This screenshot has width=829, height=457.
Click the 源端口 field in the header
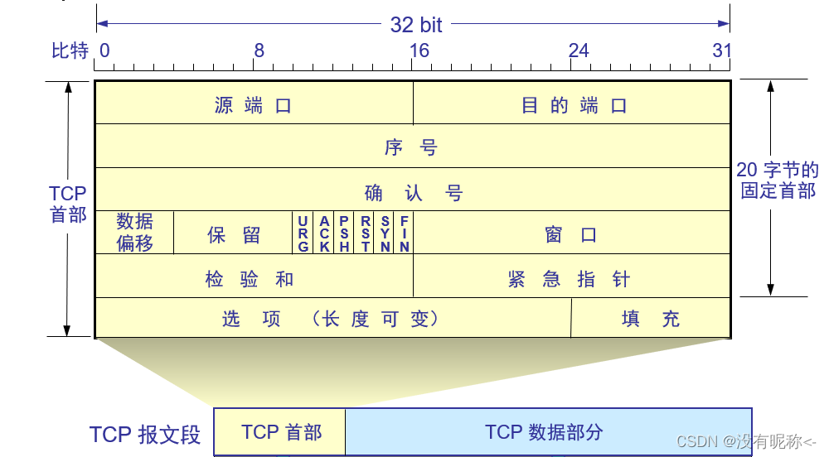(x=254, y=105)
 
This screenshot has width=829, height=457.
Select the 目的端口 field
(x=573, y=105)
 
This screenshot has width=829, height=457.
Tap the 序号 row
(x=412, y=147)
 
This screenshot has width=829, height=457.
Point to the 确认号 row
(x=412, y=192)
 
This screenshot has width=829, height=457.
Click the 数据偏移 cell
(x=134, y=233)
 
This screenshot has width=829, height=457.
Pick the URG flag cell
(x=303, y=233)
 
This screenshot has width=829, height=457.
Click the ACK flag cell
(x=324, y=233)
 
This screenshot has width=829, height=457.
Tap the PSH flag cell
(x=344, y=233)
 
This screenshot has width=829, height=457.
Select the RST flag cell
(x=365, y=233)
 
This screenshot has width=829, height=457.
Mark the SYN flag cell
(x=385, y=233)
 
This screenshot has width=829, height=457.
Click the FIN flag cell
(x=404, y=233)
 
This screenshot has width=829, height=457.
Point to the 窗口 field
(x=571, y=234)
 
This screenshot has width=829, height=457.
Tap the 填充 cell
(x=651, y=319)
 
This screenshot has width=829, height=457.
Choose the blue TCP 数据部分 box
(x=548, y=432)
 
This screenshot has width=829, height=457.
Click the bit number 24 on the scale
(x=578, y=51)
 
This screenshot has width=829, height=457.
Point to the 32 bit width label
(x=416, y=25)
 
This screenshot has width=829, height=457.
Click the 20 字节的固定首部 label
(x=778, y=180)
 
